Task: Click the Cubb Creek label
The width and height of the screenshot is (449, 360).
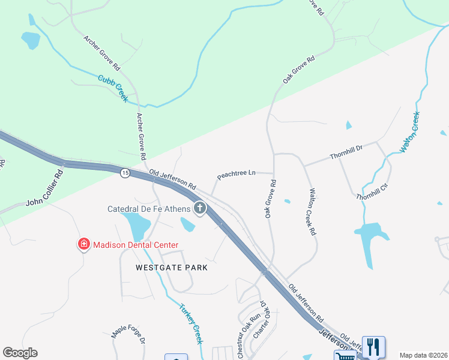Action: coord(113,88)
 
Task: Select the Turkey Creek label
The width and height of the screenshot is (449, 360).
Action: coord(191,323)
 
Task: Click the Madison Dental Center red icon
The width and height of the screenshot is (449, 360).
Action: coord(84,244)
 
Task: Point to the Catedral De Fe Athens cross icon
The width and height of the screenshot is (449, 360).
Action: coord(199,209)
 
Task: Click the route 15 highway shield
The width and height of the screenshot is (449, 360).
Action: coord(124,173)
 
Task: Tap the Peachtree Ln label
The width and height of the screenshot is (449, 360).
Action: coord(236,174)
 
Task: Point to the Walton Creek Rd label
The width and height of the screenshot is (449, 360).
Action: coord(312,213)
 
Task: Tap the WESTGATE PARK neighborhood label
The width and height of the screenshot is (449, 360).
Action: coord(163,267)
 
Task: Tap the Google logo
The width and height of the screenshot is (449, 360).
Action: coord(20,353)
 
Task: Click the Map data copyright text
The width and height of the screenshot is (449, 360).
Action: coord(423,355)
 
